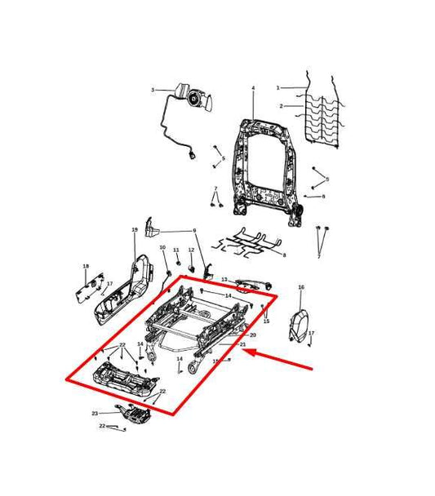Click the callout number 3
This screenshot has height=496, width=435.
coord(152,90)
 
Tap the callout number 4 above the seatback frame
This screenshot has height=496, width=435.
coord(253,88)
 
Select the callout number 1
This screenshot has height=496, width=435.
coord(277,87)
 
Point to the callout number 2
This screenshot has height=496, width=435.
coord(282,106)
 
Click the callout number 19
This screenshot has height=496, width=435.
coord(135,231)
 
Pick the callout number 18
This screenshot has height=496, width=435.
coord(85,267)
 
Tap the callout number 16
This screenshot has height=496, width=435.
coord(300,288)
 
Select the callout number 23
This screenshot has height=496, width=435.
coord(95,414)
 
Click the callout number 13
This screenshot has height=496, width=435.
coord(224,280)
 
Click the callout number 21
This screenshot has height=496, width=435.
coord(242,345)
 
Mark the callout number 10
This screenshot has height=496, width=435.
coord(162,247)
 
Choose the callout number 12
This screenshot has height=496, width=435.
coord(191,250)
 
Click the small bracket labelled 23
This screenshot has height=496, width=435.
coord(133,415)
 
